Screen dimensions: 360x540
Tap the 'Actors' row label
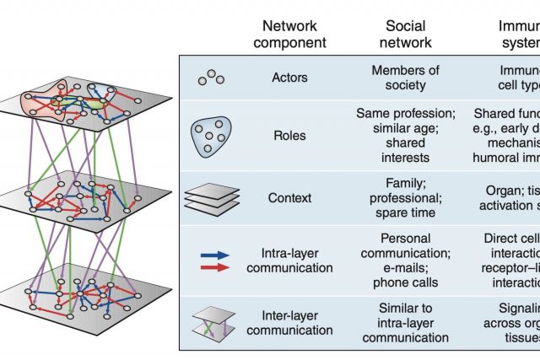[290, 78]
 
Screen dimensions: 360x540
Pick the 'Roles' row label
[290, 133]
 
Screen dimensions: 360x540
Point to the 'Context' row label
[290, 198]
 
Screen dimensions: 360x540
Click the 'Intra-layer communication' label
[290, 258]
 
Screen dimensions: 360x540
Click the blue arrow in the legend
[216, 251]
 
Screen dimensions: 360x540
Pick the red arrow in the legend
[216, 266]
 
